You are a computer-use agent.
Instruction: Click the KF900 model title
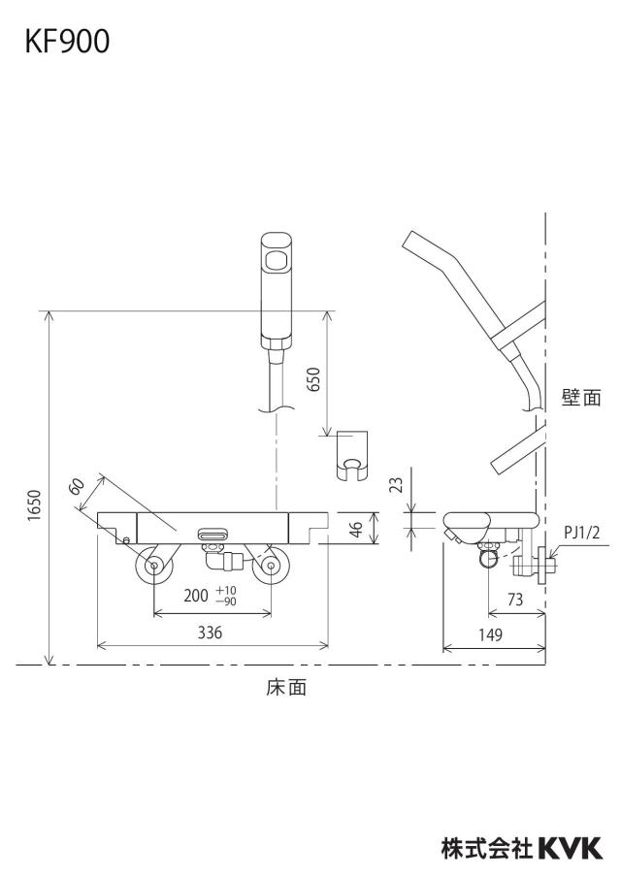point(67,42)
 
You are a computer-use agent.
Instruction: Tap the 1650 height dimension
point(35,505)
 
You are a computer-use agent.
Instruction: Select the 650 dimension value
point(314,379)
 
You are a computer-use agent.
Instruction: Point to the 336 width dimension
point(210,633)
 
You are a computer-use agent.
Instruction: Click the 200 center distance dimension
point(195,595)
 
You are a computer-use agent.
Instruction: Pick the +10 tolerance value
point(227,591)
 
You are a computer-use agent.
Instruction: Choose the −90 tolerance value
point(227,601)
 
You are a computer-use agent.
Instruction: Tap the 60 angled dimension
point(78,486)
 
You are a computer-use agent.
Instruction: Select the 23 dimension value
point(396,484)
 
